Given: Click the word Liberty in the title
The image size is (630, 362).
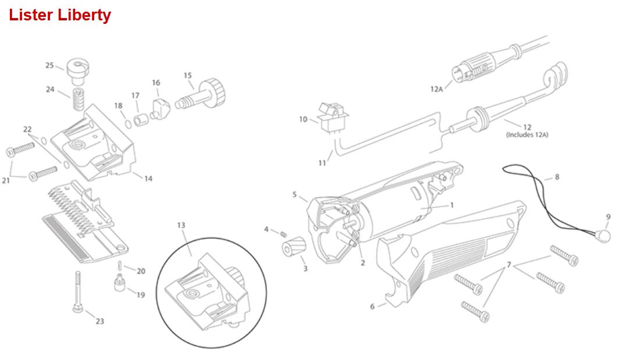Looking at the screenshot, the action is point(84,16).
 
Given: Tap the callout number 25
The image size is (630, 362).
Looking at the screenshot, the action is point(49,65).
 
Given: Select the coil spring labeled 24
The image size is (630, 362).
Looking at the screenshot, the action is point(78,99).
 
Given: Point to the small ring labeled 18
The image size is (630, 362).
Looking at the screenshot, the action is point(128,124).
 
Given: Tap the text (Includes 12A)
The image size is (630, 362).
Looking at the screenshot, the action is point(526,135).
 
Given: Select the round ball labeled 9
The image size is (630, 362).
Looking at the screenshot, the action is point(603,236).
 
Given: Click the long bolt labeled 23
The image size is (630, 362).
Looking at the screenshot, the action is point(77,291).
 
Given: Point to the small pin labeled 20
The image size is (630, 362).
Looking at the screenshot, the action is point(120,265).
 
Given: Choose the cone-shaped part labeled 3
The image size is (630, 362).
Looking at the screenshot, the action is point(294,246).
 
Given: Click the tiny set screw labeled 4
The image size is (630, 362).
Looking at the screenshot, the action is point(283,234).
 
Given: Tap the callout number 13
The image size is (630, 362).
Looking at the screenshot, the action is point(181,225).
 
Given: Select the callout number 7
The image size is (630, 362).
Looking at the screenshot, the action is point(508,264).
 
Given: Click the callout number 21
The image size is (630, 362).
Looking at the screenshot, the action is point(6,181).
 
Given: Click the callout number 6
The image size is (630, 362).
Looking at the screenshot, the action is point(372,307).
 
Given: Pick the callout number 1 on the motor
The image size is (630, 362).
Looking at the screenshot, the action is point(451,205).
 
